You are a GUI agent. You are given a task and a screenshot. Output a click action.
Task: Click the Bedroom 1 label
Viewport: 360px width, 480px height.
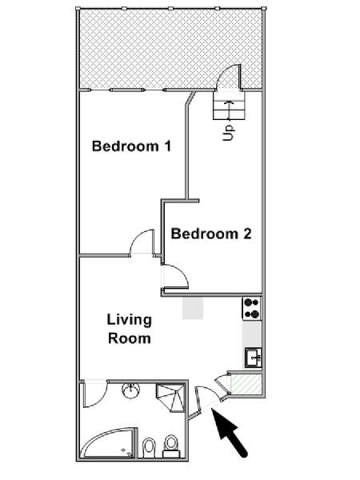(x=131, y=146)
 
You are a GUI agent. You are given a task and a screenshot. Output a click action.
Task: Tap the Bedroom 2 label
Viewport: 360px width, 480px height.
(x=211, y=234)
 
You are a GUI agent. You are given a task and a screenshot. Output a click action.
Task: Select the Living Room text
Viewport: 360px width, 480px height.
(x=130, y=329)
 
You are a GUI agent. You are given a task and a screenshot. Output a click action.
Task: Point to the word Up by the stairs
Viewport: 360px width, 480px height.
(x=228, y=133)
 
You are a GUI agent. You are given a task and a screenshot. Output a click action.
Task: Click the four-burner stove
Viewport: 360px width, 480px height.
(x=252, y=309)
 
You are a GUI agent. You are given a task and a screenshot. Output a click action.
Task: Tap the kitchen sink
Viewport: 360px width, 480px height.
(x=253, y=358)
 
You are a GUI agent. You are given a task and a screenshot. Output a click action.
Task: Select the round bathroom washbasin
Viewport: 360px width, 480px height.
(x=131, y=390)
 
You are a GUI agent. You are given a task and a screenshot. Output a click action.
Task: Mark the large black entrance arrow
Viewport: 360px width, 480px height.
(x=230, y=432)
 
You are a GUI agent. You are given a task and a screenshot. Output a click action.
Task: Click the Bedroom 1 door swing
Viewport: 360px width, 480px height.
(x=142, y=242)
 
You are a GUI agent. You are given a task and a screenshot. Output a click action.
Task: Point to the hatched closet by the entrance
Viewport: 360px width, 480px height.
(x=246, y=384)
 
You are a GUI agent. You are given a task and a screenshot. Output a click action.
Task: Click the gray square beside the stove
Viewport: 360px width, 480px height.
(x=193, y=308)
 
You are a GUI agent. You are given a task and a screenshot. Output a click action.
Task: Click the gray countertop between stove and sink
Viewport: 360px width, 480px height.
(x=252, y=334)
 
